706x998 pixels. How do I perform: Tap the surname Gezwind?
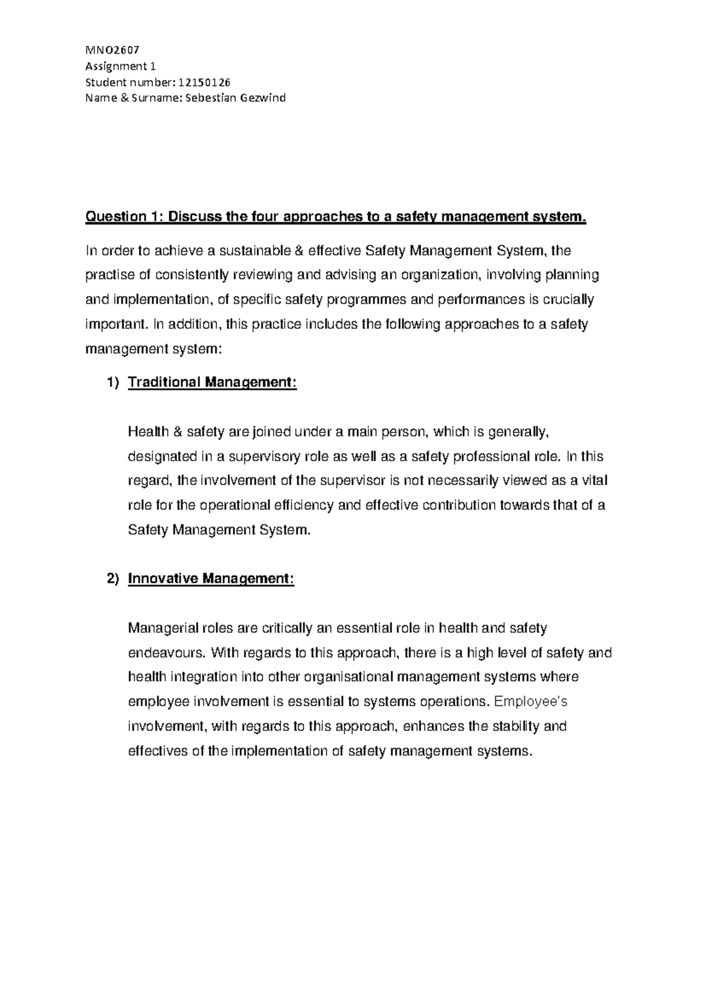click(x=262, y=98)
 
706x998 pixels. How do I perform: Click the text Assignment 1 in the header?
click(x=120, y=66)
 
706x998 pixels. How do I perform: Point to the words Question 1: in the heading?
click(x=124, y=217)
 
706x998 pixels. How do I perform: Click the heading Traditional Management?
click(x=212, y=382)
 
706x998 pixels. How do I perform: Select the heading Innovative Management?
click(x=211, y=579)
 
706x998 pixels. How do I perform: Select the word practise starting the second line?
click(x=109, y=275)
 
